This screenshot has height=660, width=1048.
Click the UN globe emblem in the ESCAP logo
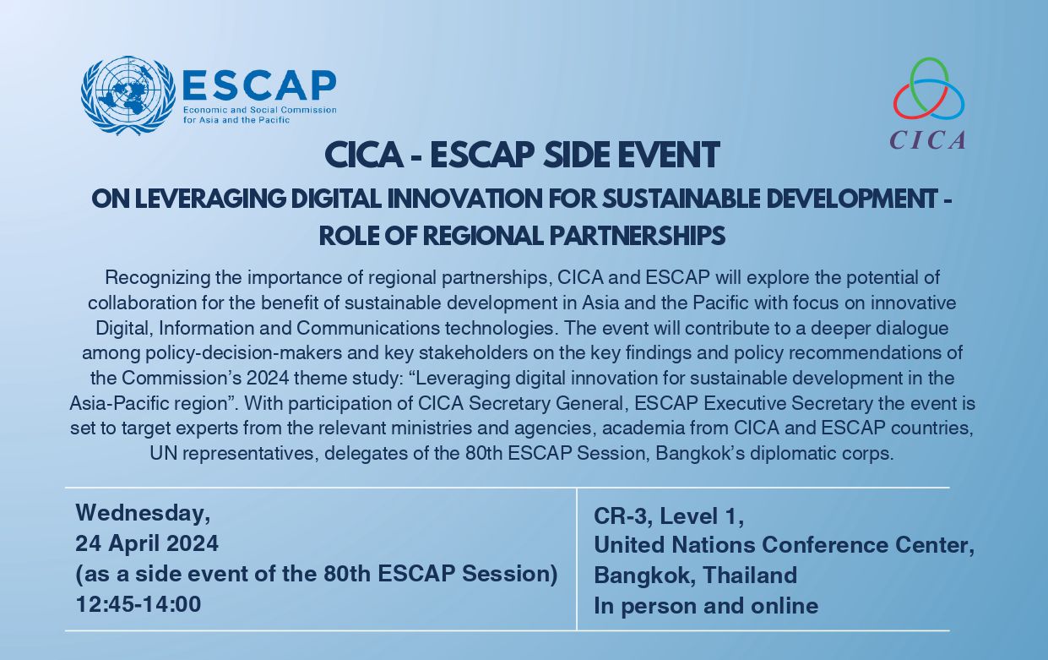click(x=128, y=96)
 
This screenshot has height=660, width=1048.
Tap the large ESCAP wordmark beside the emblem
click(x=259, y=85)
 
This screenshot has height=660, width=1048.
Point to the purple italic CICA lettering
click(x=928, y=139)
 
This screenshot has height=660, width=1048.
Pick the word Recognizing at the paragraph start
click(x=158, y=278)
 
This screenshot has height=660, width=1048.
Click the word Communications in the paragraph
click(x=367, y=328)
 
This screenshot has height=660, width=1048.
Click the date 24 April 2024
click(x=147, y=543)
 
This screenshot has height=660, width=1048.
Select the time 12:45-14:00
click(x=138, y=604)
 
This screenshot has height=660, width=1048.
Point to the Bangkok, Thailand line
click(x=696, y=575)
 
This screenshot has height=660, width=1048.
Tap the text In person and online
click(x=706, y=606)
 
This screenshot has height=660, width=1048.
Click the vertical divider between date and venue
click(x=577, y=559)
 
